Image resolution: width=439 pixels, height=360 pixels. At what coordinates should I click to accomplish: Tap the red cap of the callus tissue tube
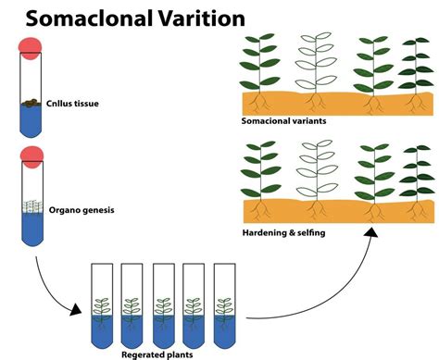point(32,48)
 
